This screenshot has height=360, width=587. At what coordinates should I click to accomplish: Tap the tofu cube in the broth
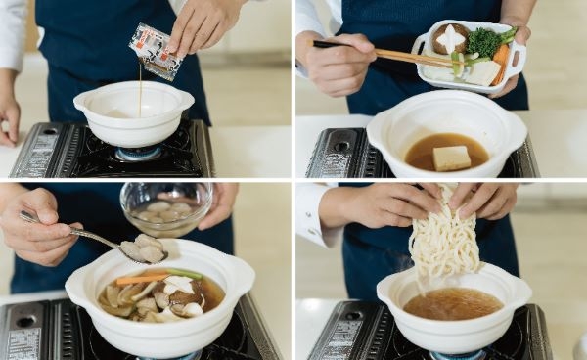(452, 157)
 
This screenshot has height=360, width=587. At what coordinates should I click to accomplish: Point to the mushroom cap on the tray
(449, 38)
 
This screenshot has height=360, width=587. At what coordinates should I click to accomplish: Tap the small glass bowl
(167, 206)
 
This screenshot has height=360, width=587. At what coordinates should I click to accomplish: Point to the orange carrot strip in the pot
(133, 280)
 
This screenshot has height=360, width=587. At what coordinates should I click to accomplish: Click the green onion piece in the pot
(183, 274)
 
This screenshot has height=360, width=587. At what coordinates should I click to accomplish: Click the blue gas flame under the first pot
(138, 155)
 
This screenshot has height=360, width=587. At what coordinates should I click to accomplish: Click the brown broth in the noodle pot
(452, 304)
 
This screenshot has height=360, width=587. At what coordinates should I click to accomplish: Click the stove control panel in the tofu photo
(327, 154)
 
